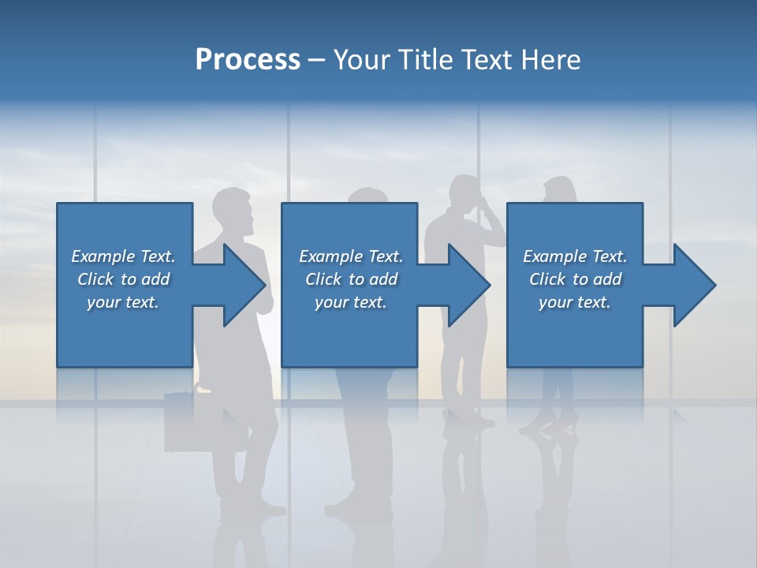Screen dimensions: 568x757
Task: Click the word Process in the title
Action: point(248,60)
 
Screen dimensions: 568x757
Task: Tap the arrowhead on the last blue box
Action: point(693,285)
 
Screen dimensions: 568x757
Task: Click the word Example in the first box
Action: point(103,256)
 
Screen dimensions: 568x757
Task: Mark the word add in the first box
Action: point(156,279)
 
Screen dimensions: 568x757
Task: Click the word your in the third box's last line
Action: point(556,302)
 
